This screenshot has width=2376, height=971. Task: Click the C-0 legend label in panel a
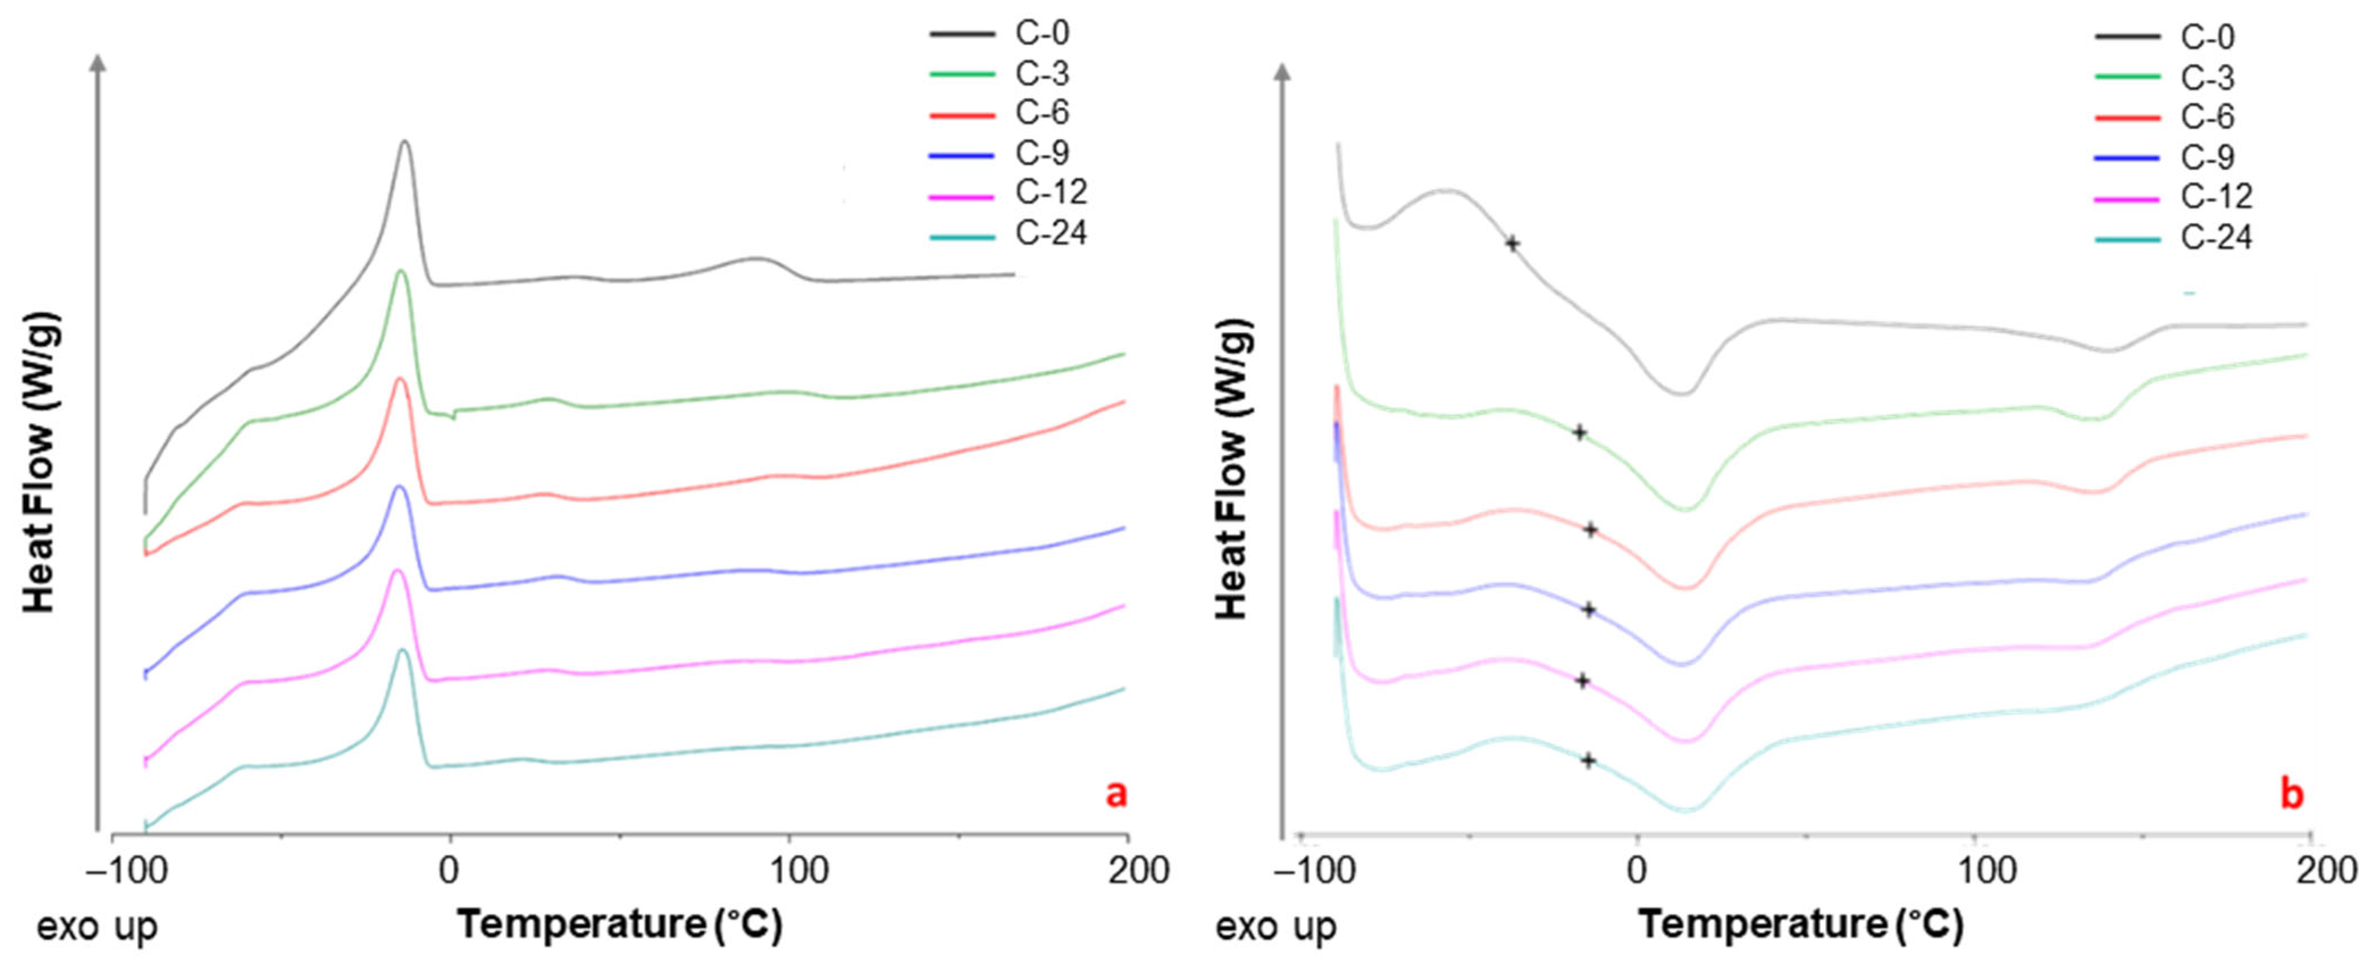(1042, 33)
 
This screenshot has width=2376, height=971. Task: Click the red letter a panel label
(1116, 793)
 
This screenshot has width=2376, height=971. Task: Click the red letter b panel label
(2291, 795)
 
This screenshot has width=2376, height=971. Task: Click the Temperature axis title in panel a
(620, 924)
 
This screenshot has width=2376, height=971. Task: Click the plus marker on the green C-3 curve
(1579, 432)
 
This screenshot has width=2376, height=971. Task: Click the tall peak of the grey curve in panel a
(404, 142)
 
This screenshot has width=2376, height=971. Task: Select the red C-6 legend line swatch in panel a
(962, 114)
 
